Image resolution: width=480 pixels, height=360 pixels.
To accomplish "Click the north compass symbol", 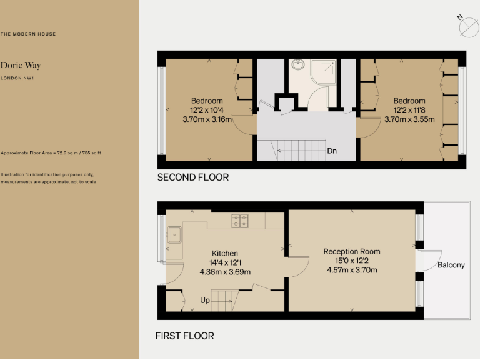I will [467, 27].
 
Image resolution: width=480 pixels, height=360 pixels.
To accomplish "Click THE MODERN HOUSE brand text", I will [28, 34].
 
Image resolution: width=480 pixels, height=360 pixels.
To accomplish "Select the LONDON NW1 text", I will [17, 78].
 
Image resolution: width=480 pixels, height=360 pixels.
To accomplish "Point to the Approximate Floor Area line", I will [51, 152].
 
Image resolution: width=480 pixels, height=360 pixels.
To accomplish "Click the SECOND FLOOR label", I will [192, 177].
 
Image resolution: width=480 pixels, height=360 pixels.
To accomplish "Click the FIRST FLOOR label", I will [184, 336].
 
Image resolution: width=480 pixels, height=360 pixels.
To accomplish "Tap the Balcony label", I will [451, 265].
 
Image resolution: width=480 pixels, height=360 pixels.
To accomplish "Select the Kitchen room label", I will [225, 253].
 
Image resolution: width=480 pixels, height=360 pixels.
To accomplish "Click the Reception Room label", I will [352, 252].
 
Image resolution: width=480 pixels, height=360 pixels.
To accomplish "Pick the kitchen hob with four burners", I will [240, 220].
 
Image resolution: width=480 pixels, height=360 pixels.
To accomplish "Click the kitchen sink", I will [176, 236].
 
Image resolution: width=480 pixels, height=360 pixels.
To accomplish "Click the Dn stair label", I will [332, 151].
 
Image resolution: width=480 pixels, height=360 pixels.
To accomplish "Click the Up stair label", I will [205, 301].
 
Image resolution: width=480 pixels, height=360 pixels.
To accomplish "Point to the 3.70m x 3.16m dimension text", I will [207, 119].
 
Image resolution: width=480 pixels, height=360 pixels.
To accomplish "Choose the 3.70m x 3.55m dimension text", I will [409, 119].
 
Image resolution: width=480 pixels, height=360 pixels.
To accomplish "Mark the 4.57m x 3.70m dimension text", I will [352, 271].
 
